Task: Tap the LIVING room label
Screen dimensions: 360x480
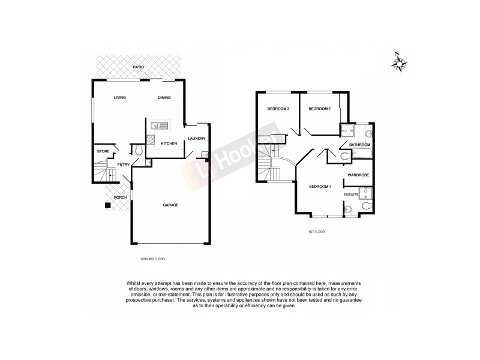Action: pos(119,98)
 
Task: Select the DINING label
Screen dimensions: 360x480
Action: pos(164,98)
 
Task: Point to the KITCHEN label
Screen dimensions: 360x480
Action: pos(168,143)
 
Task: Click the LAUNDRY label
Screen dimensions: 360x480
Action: pos(196,139)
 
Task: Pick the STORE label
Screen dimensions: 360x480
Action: pos(103,151)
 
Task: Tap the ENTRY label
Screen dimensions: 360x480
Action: pos(124,165)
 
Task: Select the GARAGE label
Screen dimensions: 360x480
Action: pos(170,205)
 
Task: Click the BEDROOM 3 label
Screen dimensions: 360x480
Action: pos(278,109)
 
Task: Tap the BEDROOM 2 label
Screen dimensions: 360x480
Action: pos(320,109)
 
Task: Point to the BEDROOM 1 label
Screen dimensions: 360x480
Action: pos(320,187)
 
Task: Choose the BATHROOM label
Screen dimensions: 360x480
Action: pos(360,145)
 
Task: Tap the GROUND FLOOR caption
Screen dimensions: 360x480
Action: pos(152,258)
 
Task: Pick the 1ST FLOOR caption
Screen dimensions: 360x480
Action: pos(316,230)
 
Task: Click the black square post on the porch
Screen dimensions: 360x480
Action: pos(107,206)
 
